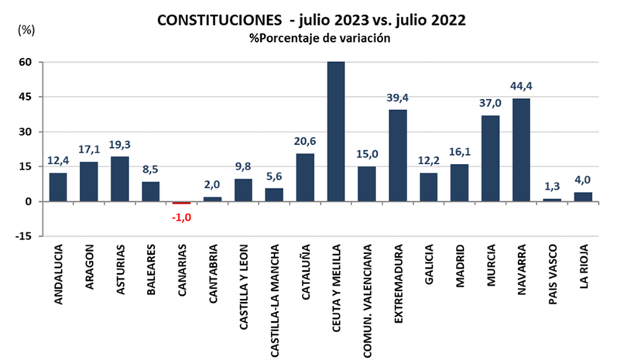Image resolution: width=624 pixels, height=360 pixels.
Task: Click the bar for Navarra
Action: (x=522, y=149)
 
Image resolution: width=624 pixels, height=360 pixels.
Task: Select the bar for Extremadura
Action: (x=398, y=155)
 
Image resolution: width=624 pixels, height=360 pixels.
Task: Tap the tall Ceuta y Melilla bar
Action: (x=336, y=132)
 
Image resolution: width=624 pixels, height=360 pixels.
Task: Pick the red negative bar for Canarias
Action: (x=181, y=203)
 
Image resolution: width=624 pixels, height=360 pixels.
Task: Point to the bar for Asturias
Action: (x=120, y=179)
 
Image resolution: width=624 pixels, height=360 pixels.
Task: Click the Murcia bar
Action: (x=491, y=158)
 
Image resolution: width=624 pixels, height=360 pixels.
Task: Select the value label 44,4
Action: (x=522, y=86)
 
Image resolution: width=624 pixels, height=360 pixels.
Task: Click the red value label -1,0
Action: (x=181, y=217)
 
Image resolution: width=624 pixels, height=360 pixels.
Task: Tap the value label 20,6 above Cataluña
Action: (x=305, y=141)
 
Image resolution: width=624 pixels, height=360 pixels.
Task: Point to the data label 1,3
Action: (x=553, y=186)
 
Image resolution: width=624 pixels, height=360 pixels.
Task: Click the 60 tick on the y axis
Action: (x=26, y=62)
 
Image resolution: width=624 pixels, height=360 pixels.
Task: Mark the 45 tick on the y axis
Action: (x=26, y=98)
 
